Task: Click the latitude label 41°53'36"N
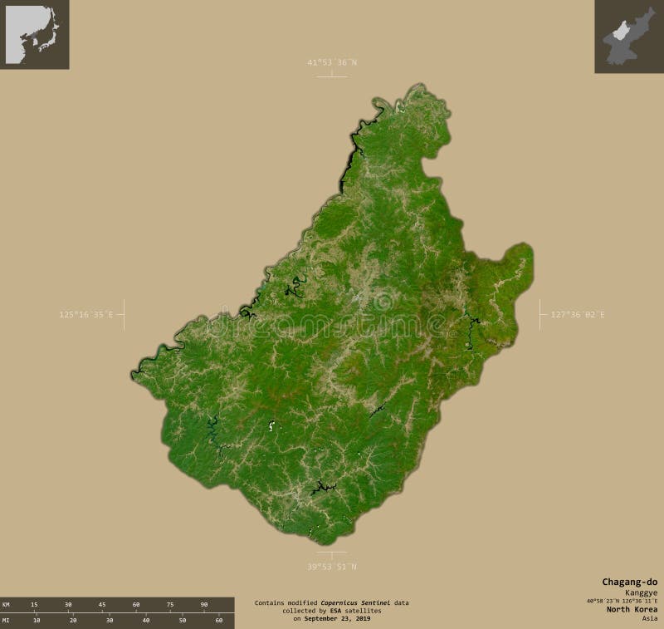pyautogui.click(x=331, y=62)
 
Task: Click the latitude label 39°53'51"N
pyautogui.click(x=331, y=567)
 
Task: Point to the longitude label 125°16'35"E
pyautogui.click(x=86, y=314)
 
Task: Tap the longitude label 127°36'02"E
pyautogui.click(x=578, y=314)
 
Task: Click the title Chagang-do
pyautogui.click(x=629, y=581)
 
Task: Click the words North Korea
pyautogui.click(x=632, y=609)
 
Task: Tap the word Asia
pyautogui.click(x=649, y=618)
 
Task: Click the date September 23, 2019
pyautogui.click(x=337, y=619)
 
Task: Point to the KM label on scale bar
pyautogui.click(x=6, y=604)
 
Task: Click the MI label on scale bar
pyautogui.click(x=6, y=621)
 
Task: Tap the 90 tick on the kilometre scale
pyautogui.click(x=204, y=604)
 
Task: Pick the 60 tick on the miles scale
pyautogui.click(x=219, y=621)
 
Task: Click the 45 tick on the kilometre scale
pyautogui.click(x=102, y=604)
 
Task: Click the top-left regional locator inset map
pyautogui.click(x=35, y=35)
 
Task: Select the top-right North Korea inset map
pyautogui.click(x=628, y=37)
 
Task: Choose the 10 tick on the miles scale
pyautogui.click(x=37, y=621)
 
